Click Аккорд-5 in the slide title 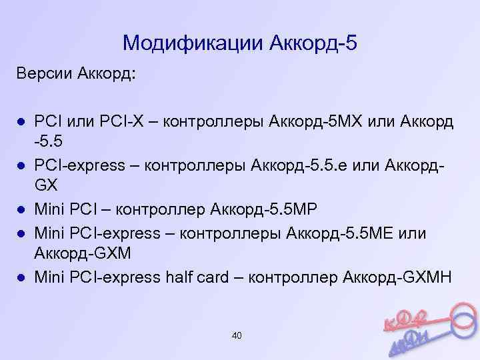[313, 43]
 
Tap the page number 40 [237, 335]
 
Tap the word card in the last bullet [223, 278]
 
